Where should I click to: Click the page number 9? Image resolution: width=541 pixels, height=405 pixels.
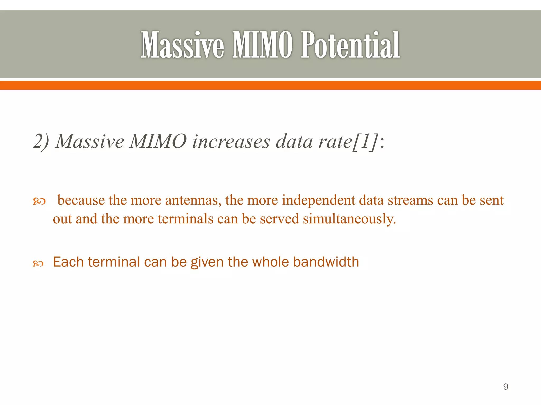(x=506, y=387)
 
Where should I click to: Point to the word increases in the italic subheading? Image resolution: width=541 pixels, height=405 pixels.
(x=231, y=141)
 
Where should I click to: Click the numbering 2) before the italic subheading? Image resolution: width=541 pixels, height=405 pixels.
(x=41, y=141)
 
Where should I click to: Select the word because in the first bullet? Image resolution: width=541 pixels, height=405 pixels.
(x=81, y=200)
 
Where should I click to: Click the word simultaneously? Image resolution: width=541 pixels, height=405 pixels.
(x=349, y=219)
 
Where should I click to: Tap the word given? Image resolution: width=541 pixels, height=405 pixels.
(x=207, y=262)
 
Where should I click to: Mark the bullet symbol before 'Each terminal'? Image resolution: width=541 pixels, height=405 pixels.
(x=38, y=263)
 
